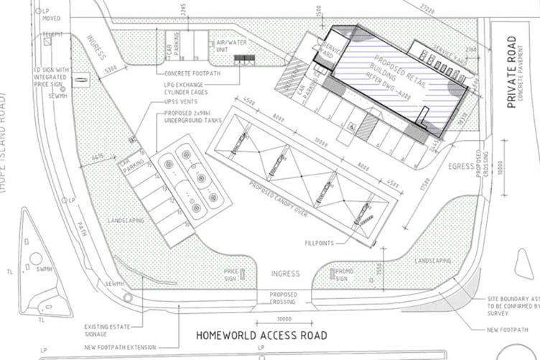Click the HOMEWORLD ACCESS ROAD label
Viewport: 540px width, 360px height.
pyautogui.click(x=262, y=336)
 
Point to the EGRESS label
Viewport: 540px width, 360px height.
pyautogui.click(x=461, y=166)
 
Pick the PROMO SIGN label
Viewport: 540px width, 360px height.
pyautogui.click(x=341, y=274)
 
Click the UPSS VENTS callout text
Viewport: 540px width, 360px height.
pyautogui.click(x=171, y=102)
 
